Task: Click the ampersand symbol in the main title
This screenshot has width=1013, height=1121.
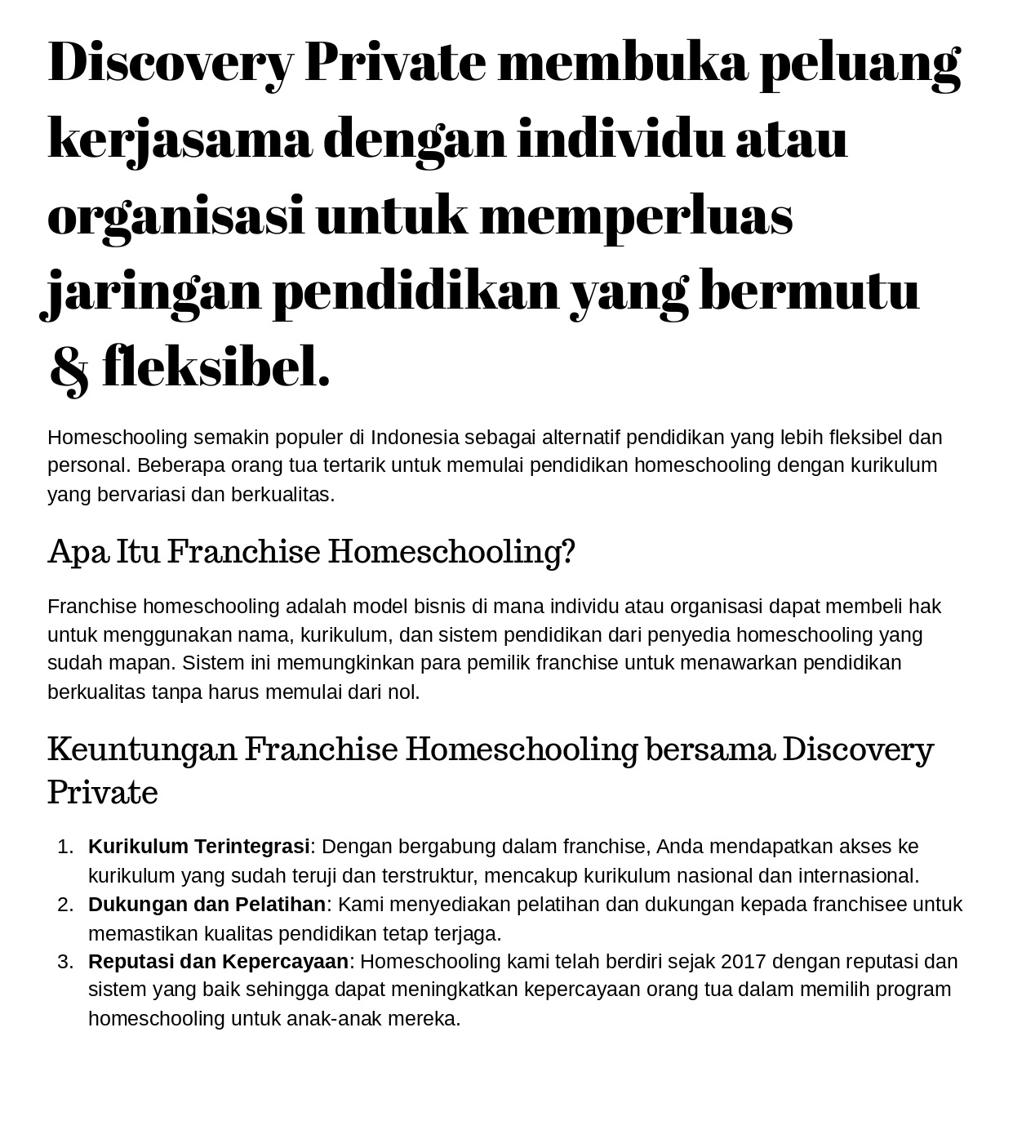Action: [69, 368]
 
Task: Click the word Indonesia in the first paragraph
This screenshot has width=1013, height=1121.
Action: [415, 438]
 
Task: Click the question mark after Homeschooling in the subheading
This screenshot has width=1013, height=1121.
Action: [569, 552]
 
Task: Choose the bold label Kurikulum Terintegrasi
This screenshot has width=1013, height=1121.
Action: [199, 847]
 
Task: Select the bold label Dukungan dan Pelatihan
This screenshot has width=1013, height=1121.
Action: [207, 905]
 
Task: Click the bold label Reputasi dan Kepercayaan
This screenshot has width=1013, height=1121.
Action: [218, 962]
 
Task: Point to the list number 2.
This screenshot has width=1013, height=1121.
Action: [66, 905]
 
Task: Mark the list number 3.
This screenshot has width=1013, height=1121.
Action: [66, 962]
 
